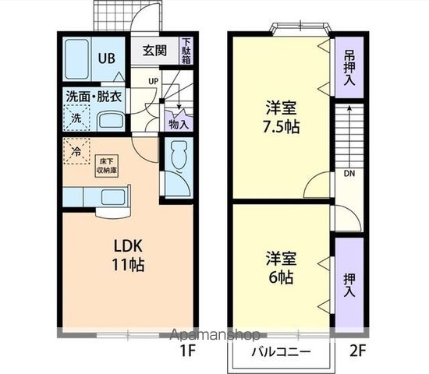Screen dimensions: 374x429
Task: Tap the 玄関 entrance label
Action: tap(154, 51)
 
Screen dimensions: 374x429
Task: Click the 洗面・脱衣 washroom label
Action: tap(93, 97)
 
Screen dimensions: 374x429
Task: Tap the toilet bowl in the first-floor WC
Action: tap(175, 156)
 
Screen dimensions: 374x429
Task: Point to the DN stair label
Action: tap(348, 173)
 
